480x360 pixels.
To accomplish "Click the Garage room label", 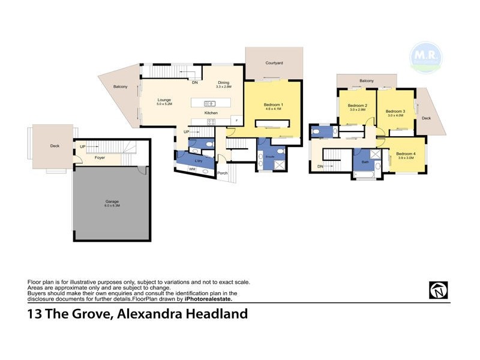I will click(x=112, y=202).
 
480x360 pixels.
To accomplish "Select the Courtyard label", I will click(x=275, y=62).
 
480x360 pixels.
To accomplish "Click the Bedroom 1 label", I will click(x=273, y=105).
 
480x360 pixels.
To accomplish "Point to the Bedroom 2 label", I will click(x=358, y=106).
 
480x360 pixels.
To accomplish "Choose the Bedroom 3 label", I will click(x=395, y=111).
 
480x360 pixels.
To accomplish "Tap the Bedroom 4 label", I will click(x=406, y=154).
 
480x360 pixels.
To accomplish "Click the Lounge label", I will click(x=164, y=100).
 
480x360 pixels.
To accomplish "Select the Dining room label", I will click(x=224, y=83).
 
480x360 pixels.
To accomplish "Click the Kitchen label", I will click(x=211, y=113).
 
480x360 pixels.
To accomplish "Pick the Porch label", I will click(x=223, y=173).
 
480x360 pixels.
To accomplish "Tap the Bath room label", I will click(x=364, y=162).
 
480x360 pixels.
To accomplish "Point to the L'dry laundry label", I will click(x=197, y=161).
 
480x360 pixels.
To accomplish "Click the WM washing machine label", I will click(x=192, y=170).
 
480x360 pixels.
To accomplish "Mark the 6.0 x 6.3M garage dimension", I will click(x=112, y=206).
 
